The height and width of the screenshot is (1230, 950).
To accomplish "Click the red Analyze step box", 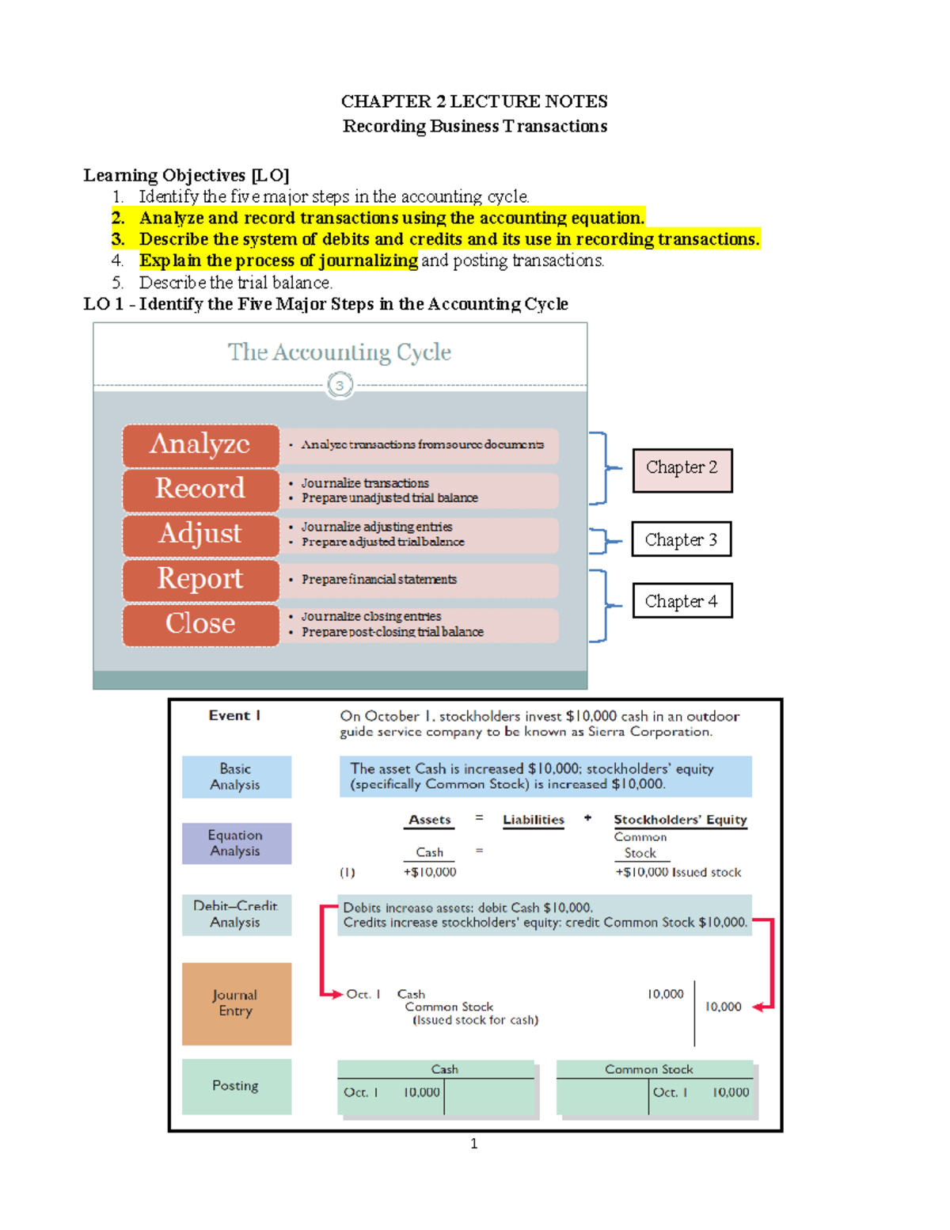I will coord(200,445).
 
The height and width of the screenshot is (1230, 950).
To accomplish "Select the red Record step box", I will coord(200,489).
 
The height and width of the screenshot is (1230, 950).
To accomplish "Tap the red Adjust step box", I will coord(200,535).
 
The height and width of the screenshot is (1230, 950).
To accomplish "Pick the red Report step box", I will coord(200,580).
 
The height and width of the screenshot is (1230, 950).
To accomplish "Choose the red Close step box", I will coord(200,624).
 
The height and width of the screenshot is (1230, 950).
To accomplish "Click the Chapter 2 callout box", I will coord(682,470).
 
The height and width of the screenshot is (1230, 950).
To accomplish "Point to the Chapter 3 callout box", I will coord(681,539).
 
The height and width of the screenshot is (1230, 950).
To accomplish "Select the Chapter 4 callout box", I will coord(682,601).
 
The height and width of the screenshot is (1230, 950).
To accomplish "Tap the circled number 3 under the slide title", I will coord(340,386).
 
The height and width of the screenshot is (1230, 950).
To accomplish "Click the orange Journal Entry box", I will coord(236,1003).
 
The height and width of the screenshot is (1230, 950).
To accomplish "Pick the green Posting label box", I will coord(236,1086).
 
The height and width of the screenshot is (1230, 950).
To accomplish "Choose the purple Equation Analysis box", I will coord(236,843).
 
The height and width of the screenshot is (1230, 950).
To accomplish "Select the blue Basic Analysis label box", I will coord(236,776).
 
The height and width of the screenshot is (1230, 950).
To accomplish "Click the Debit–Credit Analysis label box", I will coord(236,914).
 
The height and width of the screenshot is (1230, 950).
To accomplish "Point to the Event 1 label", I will coord(234,715).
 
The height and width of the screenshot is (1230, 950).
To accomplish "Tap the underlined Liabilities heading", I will coord(534,820).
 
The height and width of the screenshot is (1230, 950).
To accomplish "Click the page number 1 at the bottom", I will coord(473,1144).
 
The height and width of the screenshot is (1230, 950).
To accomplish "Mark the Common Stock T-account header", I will coord(649,1069).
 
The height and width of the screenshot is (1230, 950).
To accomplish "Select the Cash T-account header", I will coord(444,1069).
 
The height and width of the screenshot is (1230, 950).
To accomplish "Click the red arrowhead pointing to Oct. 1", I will coord(337,994).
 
